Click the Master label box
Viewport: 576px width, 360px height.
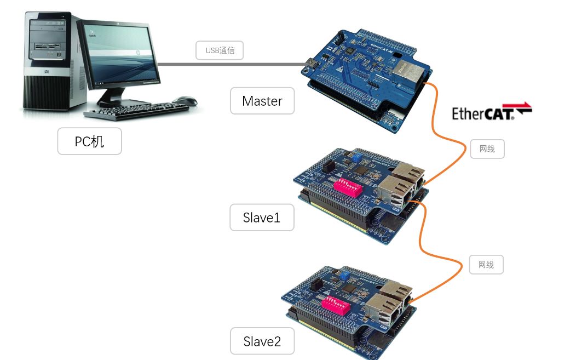pos(262,101)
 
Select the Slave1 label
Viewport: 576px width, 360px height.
pos(262,218)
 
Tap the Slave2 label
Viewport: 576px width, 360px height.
pos(262,342)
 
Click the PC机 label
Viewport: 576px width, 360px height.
pos(89,141)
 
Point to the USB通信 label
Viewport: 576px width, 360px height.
pos(220,50)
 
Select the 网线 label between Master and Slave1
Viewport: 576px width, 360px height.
pos(487,148)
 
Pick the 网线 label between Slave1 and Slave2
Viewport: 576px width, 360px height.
pos(486,265)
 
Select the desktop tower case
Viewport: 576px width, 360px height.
pos(47,60)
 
